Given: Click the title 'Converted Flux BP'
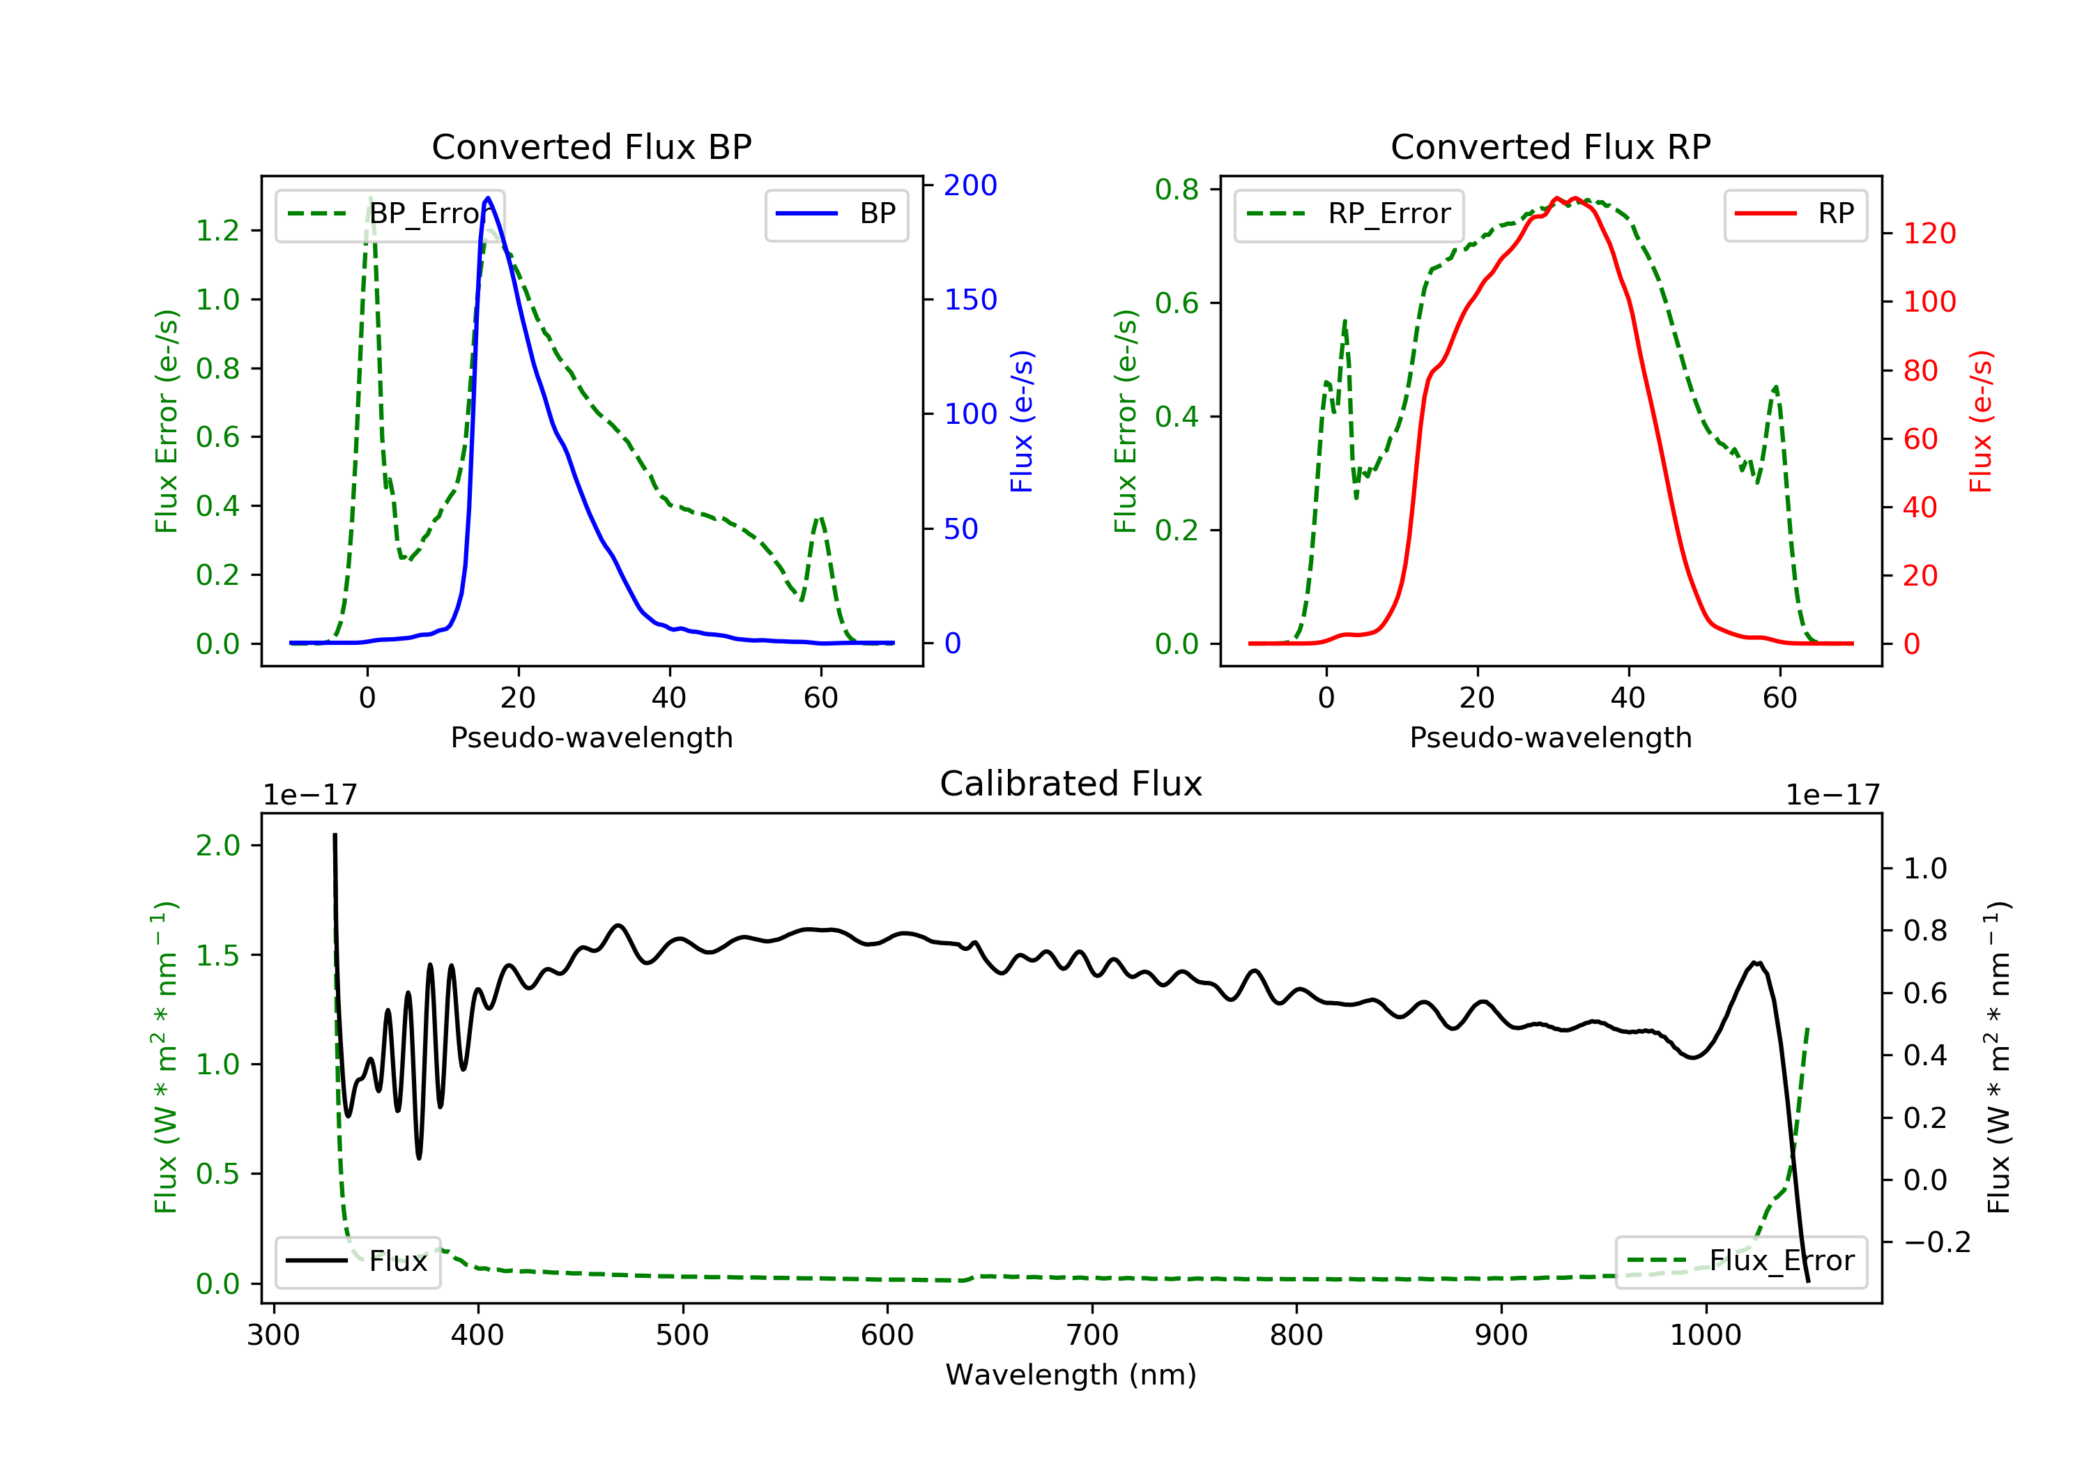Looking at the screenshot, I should [x=591, y=146].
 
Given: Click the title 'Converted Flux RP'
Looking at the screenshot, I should [x=1550, y=146].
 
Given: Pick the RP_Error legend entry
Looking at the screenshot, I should [x=1349, y=214].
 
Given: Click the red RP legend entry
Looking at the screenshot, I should [x=1795, y=214].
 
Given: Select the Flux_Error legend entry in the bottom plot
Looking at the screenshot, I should [x=1740, y=1261].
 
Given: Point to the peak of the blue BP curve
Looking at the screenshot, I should [x=488, y=198].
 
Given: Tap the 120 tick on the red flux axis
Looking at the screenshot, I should [x=1929, y=234].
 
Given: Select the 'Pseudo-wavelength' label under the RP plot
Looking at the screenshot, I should [x=1550, y=737].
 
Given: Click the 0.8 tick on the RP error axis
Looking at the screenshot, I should [x=1177, y=190].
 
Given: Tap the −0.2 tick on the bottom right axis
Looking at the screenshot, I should [x=1936, y=1242].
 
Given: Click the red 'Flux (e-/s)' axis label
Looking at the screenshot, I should [x=1980, y=421].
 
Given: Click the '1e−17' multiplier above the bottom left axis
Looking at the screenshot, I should [x=309, y=795].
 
